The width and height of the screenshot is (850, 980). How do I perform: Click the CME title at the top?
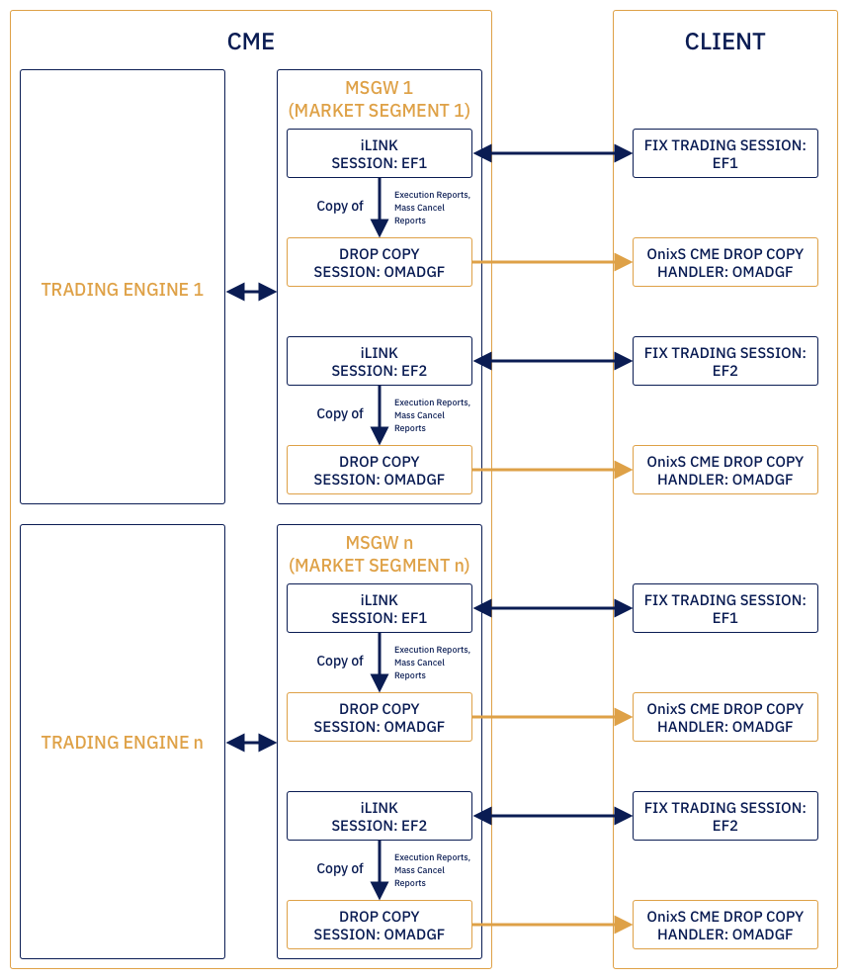tap(250, 42)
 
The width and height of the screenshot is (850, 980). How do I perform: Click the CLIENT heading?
tap(724, 42)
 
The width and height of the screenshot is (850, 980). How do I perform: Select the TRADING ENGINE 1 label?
tap(122, 290)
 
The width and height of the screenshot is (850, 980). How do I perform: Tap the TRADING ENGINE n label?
tap(122, 743)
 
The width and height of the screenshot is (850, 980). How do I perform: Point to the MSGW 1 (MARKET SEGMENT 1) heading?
tap(379, 100)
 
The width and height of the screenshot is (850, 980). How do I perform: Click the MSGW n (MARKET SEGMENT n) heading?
tap(379, 554)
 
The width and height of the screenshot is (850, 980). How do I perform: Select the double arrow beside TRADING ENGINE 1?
tap(251, 292)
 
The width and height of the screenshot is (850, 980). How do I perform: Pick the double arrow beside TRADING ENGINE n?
tap(251, 743)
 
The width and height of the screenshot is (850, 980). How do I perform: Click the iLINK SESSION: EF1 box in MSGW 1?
tap(379, 153)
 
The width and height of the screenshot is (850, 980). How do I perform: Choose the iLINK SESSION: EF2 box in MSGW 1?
tap(379, 361)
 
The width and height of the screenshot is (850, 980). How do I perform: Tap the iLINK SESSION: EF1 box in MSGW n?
tap(379, 608)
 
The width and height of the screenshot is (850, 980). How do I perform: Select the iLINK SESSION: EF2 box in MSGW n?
tap(379, 816)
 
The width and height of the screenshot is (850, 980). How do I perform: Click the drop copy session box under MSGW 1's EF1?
tap(379, 262)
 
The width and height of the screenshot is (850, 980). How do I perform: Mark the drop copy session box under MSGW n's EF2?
tap(379, 925)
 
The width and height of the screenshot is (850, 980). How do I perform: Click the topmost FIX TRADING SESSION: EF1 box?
tap(724, 153)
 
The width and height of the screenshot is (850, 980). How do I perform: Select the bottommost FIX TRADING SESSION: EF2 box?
tap(724, 816)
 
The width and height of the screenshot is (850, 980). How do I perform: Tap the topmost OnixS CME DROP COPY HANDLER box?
tap(724, 262)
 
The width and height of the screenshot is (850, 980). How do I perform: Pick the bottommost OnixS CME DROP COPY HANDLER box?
tap(724, 925)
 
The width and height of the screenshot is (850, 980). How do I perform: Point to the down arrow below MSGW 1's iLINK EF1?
tap(379, 209)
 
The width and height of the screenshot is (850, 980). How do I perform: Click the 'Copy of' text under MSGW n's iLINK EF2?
tap(340, 868)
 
